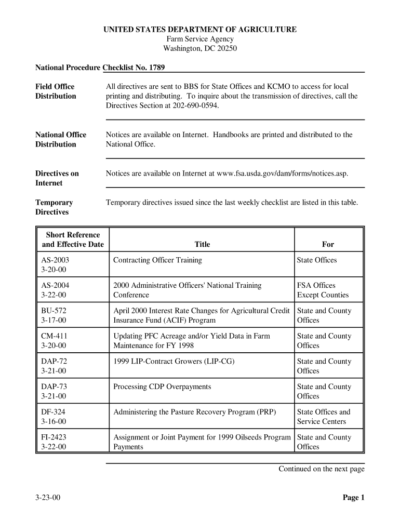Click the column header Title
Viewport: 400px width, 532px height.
(202, 244)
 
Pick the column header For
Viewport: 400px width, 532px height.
(328, 244)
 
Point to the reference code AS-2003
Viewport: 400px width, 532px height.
(55, 260)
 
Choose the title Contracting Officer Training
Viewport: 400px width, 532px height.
(157, 260)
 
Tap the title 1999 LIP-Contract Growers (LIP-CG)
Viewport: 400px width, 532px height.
(174, 362)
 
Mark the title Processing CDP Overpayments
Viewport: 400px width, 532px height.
(162, 387)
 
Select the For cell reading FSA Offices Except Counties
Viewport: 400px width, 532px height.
(323, 290)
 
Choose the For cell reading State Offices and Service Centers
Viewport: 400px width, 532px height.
(324, 417)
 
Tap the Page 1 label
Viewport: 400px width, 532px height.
(353, 498)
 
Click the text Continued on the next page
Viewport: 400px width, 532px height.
(322, 469)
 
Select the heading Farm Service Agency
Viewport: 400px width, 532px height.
(200, 39)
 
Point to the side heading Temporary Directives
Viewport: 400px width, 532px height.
(54, 207)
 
